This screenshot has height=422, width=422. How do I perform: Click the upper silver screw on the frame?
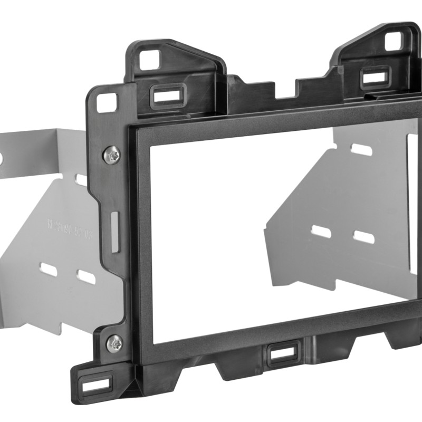(x=112, y=154)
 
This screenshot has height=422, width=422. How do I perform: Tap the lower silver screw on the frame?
(x=114, y=343)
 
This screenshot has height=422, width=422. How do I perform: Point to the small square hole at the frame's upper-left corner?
(x=108, y=102)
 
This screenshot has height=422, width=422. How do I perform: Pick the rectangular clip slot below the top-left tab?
(x=165, y=97)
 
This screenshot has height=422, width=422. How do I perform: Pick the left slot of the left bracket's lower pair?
(x=49, y=270)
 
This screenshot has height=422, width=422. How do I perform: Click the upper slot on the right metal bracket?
(x=362, y=150)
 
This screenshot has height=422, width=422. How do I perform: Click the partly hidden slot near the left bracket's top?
(x=81, y=180)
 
